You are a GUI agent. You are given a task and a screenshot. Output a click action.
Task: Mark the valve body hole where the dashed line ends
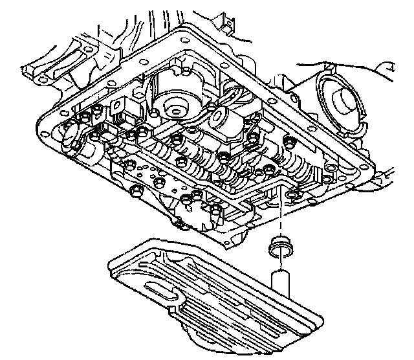290,194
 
